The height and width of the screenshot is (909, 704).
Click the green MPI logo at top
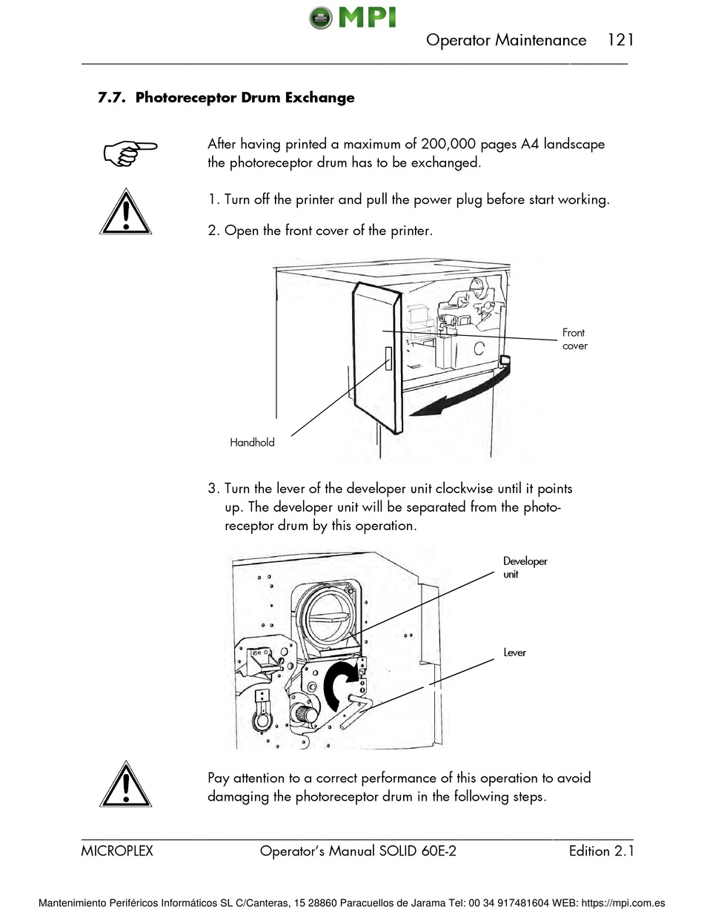352,16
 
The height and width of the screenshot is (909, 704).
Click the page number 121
620,40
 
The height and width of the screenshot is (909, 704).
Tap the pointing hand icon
130,152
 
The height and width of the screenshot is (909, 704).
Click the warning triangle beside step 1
126,213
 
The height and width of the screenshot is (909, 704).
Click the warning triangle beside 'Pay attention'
126,785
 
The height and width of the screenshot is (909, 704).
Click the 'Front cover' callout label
574,340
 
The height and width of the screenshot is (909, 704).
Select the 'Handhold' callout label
252,443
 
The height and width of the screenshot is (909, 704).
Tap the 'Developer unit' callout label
525,567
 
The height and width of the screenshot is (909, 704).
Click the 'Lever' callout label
514,652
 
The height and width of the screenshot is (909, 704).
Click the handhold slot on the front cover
388,358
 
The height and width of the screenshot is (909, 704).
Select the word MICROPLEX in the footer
117,851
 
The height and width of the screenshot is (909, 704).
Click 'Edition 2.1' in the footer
601,851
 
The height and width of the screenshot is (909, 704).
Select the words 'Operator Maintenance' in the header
506,40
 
